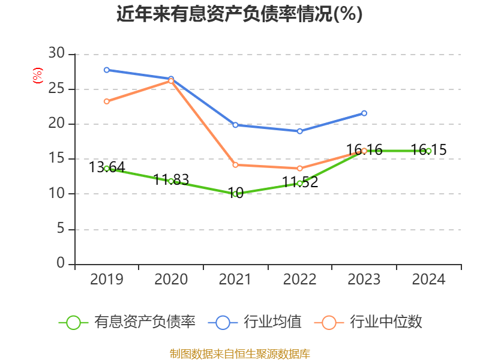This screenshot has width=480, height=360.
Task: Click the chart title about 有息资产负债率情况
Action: (x=239, y=14)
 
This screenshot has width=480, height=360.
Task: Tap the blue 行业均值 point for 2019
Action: (x=106, y=70)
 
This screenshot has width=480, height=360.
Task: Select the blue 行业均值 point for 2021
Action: (x=235, y=125)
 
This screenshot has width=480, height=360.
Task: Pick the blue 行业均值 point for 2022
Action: (x=299, y=131)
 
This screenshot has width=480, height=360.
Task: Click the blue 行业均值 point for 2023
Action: (x=364, y=113)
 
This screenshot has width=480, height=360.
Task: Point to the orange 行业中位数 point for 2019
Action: (x=106, y=101)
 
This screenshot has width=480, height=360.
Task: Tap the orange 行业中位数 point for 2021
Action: (x=235, y=165)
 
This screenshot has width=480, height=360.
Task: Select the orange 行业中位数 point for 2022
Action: (x=299, y=169)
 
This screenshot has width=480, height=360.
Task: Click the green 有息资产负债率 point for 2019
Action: (x=106, y=169)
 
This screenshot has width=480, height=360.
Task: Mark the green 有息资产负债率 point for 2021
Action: (x=235, y=194)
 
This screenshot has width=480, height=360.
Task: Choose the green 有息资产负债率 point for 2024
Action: (x=428, y=151)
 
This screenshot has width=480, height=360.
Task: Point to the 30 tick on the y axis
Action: (x=56, y=54)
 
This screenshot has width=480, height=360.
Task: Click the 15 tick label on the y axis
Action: (x=56, y=159)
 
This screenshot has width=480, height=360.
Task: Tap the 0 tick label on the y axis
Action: (x=61, y=263)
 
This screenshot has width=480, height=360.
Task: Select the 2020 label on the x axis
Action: (x=171, y=280)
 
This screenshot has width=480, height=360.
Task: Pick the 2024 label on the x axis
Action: (x=428, y=280)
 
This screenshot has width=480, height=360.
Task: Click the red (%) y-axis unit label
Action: (x=38, y=76)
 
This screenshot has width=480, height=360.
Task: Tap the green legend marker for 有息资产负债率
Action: (x=73, y=322)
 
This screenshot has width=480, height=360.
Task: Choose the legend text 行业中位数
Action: (x=386, y=322)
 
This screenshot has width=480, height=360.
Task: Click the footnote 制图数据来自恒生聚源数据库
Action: (x=239, y=353)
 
